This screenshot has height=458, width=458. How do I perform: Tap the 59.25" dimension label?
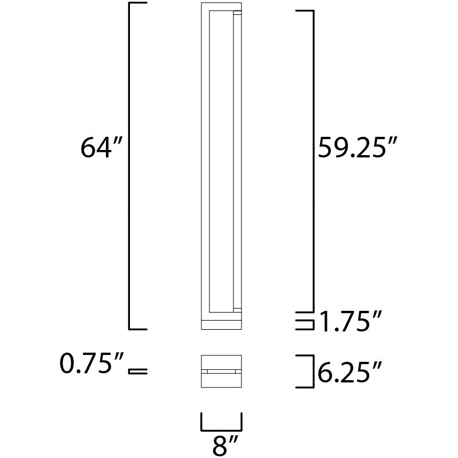pos(357,149)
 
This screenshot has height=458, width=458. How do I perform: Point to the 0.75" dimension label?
pos(93,364)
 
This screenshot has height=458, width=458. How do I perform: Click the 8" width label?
pos(222,446)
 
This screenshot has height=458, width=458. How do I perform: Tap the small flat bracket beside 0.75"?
pos(138,372)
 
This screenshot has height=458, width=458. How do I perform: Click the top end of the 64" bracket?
pos(137,4)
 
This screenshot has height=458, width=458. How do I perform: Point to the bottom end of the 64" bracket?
pos(137,329)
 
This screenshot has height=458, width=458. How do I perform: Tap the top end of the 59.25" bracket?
pos(303,11)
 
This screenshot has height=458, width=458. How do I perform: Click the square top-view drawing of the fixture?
pos(222,373)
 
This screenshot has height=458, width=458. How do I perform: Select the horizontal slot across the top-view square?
pos(222,372)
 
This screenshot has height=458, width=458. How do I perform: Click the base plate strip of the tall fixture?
pos(222,324)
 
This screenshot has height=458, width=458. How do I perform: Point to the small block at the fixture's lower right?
pos(238,309)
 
